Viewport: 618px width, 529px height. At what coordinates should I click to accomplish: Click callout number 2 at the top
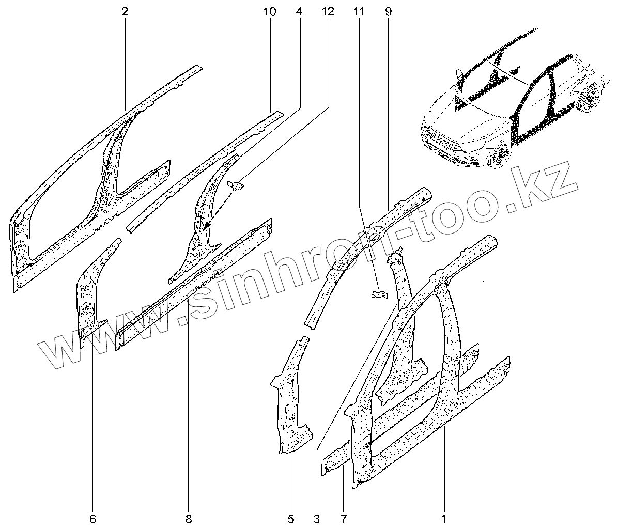point(125,11)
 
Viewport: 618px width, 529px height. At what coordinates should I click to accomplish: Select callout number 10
point(270,11)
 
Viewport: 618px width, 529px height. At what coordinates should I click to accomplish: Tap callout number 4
point(299,11)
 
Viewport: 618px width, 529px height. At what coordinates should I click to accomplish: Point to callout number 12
point(328,11)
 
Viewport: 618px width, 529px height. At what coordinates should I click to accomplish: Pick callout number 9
point(388,11)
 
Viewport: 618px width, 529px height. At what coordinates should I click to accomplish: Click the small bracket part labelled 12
point(236,184)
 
